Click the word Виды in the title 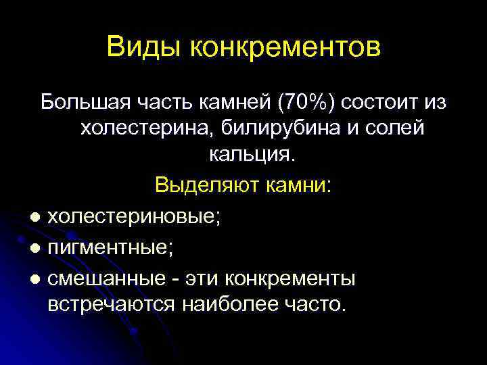point(144,47)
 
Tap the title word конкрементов point(285,47)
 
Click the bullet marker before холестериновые point(34,216)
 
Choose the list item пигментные point(110,248)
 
